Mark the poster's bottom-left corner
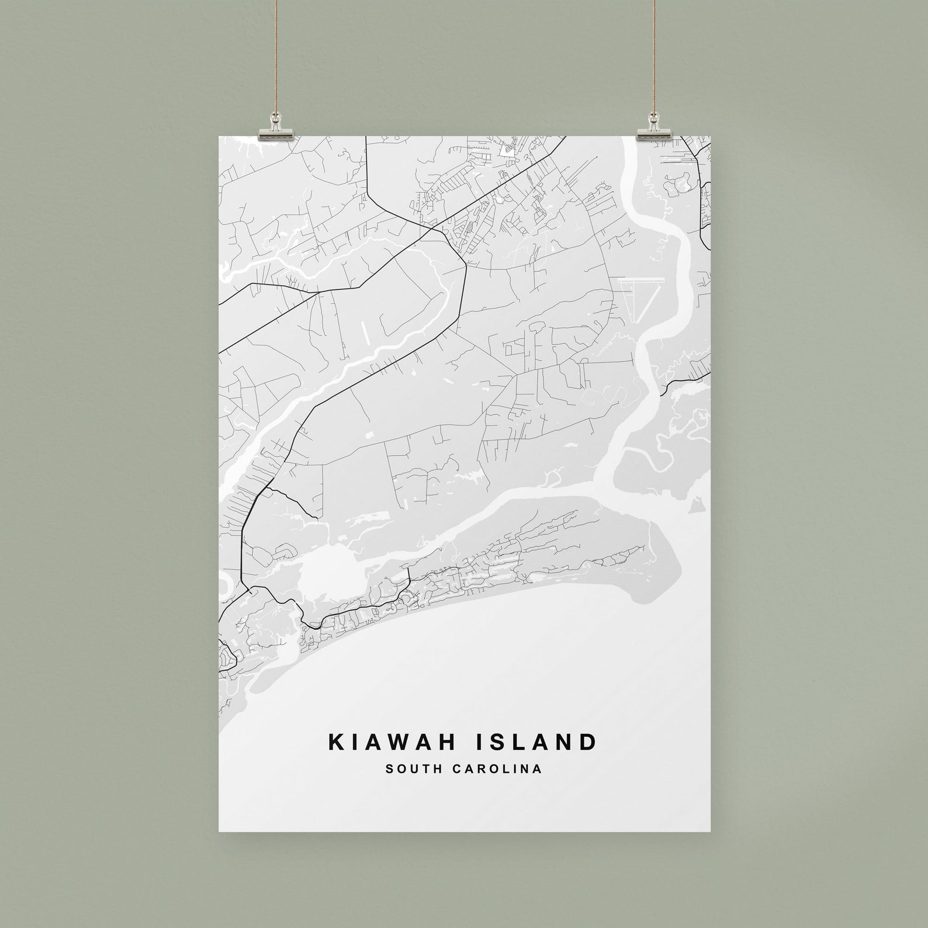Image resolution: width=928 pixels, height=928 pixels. (x=219, y=830)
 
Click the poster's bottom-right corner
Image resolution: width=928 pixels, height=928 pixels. (x=710, y=830)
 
